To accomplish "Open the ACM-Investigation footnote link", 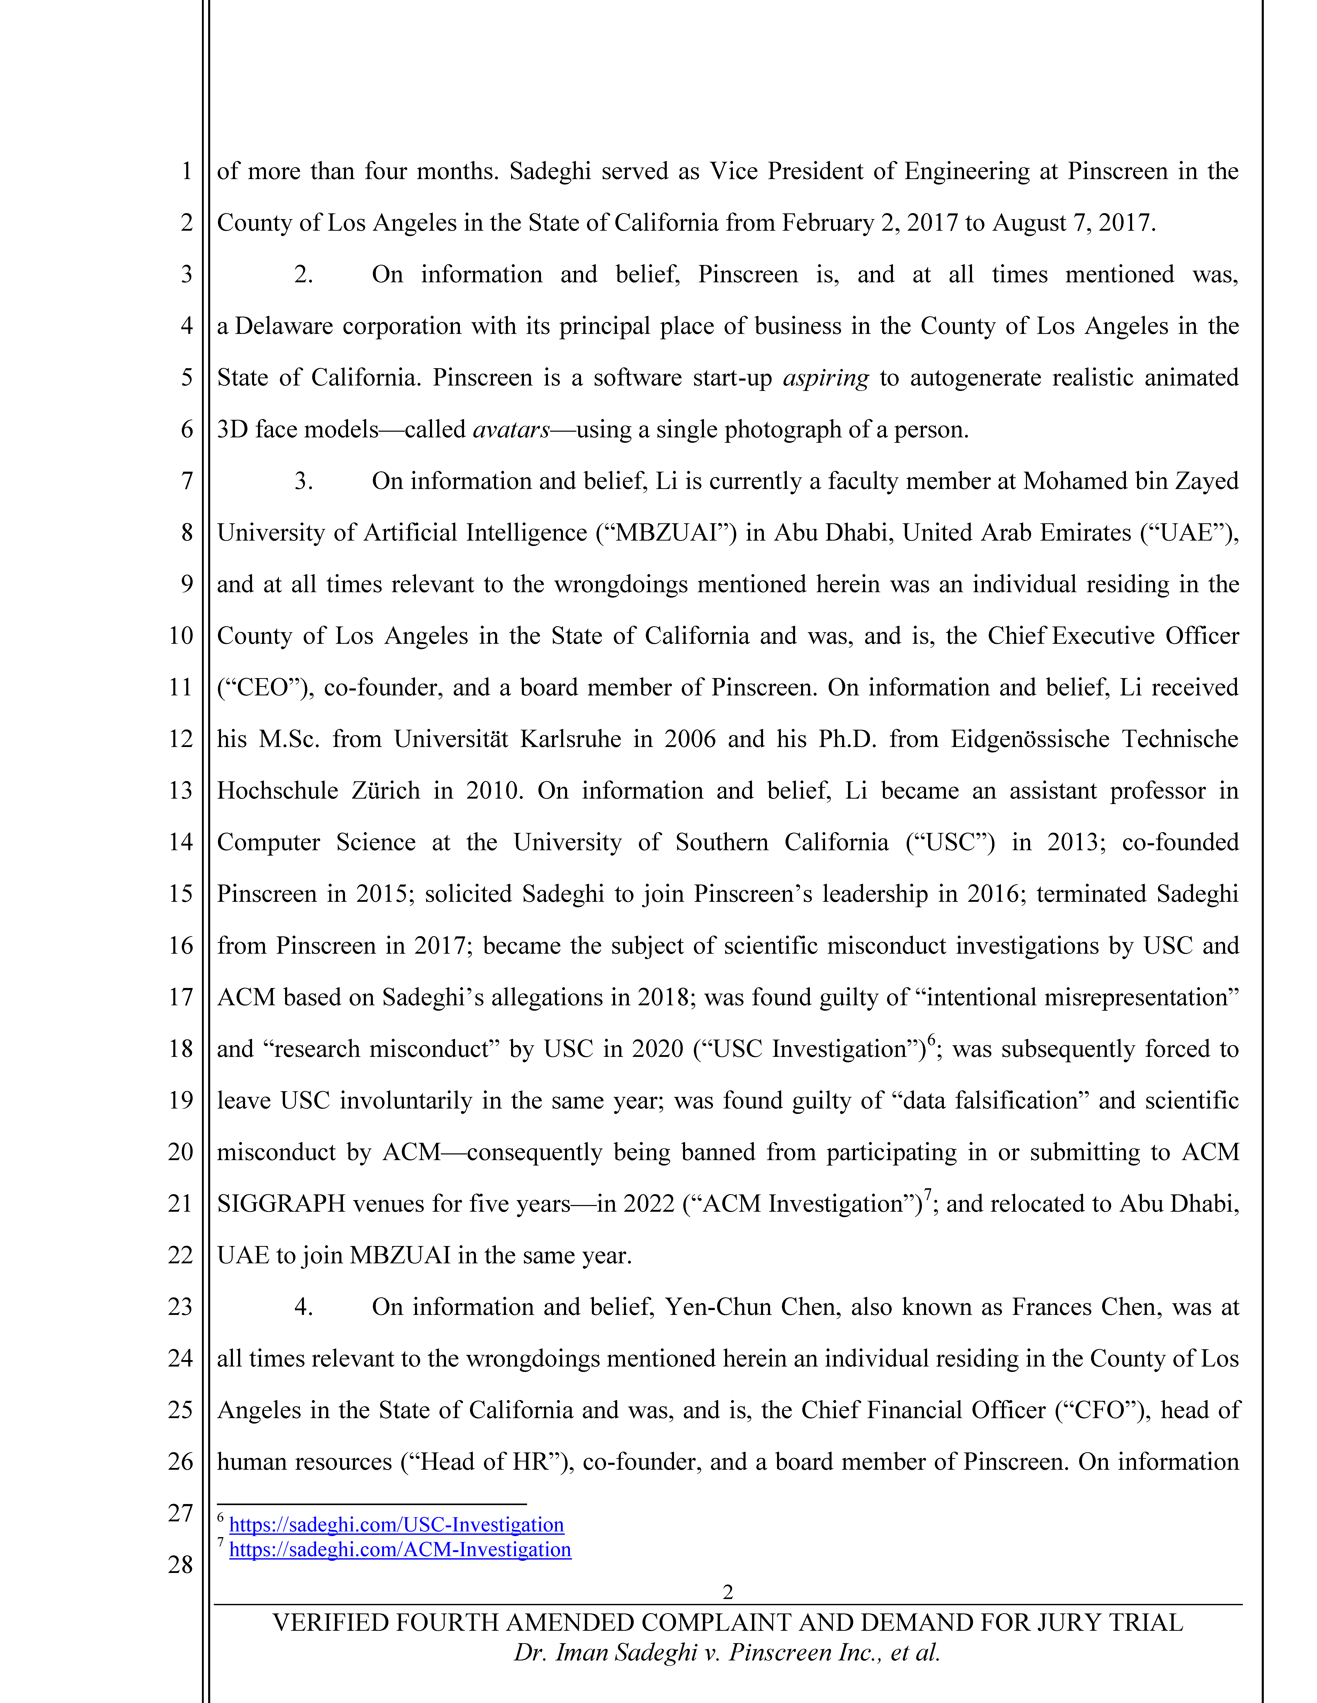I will pos(400,1549).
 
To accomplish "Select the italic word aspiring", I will pos(826,378).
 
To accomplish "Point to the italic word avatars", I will pos(511,430).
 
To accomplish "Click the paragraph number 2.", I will pos(303,275).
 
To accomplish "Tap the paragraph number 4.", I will pos(303,1307).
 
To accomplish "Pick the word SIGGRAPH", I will pos(281,1204).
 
